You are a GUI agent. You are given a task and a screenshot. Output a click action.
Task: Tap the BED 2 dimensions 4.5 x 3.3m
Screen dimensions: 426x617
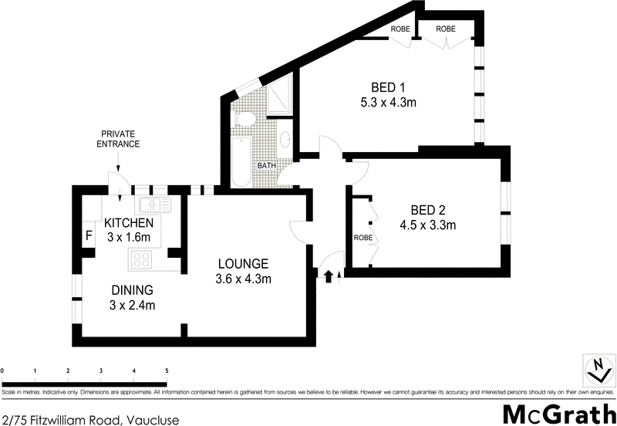coord(428,226)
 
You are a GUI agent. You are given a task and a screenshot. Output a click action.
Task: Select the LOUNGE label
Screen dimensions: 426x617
coord(242,262)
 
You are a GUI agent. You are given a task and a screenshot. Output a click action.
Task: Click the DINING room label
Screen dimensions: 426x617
coord(133,290)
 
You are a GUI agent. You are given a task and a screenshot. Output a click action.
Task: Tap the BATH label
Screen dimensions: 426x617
coord(267,166)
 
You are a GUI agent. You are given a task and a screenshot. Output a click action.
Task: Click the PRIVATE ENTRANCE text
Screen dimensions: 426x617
coord(118,139)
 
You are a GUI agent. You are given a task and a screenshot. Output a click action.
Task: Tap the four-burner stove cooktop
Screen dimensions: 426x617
coord(143,259)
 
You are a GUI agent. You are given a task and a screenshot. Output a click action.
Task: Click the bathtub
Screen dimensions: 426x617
coord(240,161)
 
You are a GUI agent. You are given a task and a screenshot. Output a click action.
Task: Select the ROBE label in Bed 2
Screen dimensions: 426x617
coord(361,238)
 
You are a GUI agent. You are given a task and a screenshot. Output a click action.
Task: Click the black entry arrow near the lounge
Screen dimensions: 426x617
coord(330,276)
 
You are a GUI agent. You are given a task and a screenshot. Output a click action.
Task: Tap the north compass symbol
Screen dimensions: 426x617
coord(596,369)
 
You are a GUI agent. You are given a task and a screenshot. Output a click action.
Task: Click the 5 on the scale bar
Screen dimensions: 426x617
coord(167,371)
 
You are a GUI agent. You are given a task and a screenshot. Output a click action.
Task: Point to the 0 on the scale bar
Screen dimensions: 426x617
coord(3,371)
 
